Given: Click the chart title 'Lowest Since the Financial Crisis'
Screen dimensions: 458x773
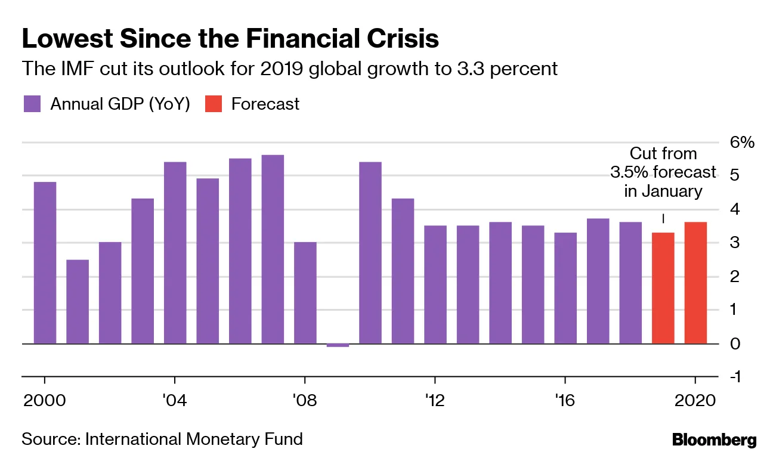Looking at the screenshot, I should point(230,39).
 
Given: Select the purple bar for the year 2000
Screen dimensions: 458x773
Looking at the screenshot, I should point(45,262).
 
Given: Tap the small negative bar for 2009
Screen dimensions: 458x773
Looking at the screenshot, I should point(338,345).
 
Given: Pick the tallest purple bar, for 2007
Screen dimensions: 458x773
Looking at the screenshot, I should point(273,249).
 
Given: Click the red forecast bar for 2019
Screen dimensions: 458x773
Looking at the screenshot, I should point(663,288).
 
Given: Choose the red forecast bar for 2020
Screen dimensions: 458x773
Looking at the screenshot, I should point(695,283).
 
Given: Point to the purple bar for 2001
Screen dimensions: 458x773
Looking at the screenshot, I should point(78,301).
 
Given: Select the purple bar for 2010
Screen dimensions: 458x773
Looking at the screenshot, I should point(370,253).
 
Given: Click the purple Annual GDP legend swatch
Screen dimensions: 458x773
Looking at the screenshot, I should point(32,104).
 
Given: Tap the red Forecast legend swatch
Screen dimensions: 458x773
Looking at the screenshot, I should point(213,104).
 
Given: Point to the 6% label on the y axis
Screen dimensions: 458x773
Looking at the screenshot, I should point(743,143).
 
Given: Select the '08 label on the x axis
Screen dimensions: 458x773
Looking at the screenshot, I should point(305,400).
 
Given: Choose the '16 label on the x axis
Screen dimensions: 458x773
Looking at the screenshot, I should point(565,400).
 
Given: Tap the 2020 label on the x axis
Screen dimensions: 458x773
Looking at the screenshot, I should point(695,400).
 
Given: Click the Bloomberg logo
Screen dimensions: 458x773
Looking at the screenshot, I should point(714,441).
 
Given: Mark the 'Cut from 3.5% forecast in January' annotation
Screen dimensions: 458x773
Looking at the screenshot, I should point(663,172).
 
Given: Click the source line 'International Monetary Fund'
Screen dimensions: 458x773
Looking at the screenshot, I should point(194,440).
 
